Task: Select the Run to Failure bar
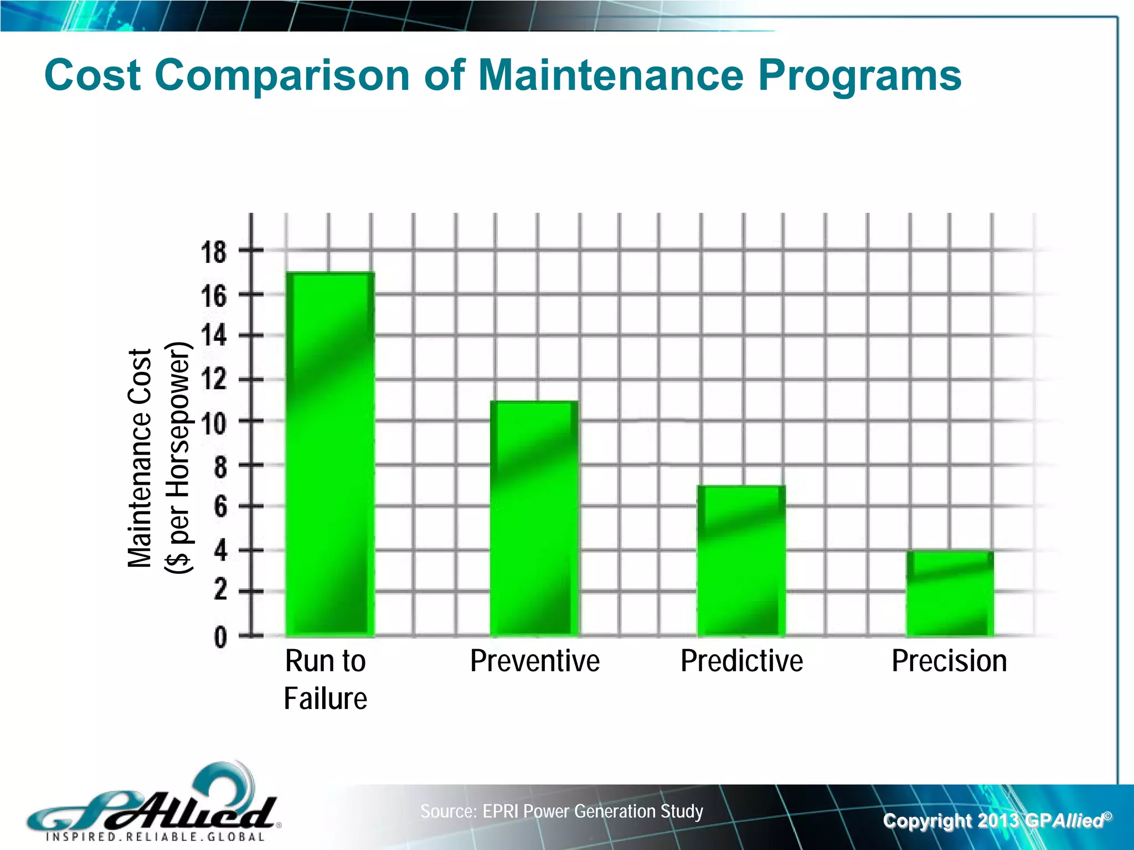pyautogui.click(x=330, y=454)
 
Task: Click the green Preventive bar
pyautogui.click(x=534, y=518)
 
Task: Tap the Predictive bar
pyautogui.click(x=741, y=560)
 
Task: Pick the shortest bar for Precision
pyautogui.click(x=950, y=593)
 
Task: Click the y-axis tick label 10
pyautogui.click(x=214, y=423)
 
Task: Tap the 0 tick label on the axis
pyautogui.click(x=220, y=637)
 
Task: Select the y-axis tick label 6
pyautogui.click(x=220, y=506)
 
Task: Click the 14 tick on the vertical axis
pyautogui.click(x=214, y=335)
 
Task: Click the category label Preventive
pyautogui.click(x=534, y=661)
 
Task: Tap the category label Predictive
pyautogui.click(x=741, y=661)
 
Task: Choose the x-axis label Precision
pyautogui.click(x=949, y=661)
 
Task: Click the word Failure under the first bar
pyautogui.click(x=325, y=698)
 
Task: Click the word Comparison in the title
pyautogui.click(x=282, y=76)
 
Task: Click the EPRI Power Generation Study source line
pyautogui.click(x=561, y=811)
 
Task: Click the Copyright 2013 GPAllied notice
pyautogui.click(x=997, y=820)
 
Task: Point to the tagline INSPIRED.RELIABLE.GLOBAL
pyautogui.click(x=155, y=836)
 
